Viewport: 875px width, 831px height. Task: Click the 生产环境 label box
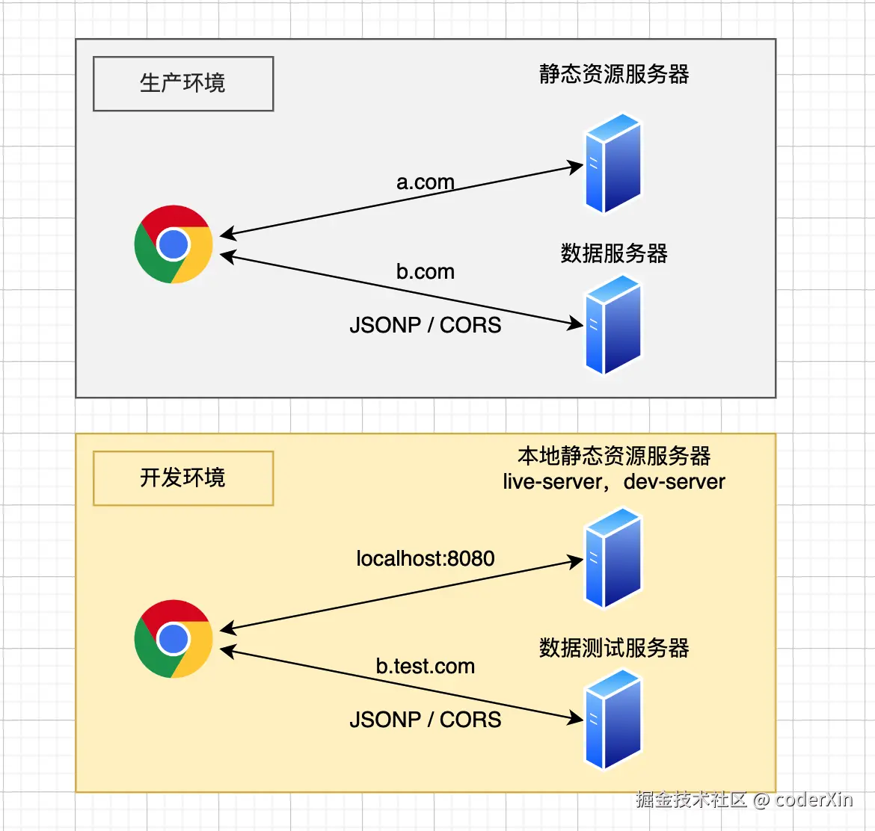pyautogui.click(x=183, y=84)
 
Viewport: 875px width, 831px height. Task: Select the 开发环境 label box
pyautogui.click(x=183, y=478)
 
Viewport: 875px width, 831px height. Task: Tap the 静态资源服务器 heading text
pyautogui.click(x=614, y=75)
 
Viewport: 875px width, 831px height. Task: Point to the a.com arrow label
pyautogui.click(x=425, y=182)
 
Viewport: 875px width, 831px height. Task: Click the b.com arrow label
pyautogui.click(x=425, y=272)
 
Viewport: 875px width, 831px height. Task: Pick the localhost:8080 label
pyautogui.click(x=425, y=559)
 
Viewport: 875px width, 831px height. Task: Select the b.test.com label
pyautogui.click(x=425, y=667)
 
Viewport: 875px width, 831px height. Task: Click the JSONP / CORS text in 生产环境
pyautogui.click(x=425, y=325)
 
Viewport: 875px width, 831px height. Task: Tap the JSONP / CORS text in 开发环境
pyautogui.click(x=425, y=720)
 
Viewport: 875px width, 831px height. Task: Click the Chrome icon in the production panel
pyautogui.click(x=174, y=244)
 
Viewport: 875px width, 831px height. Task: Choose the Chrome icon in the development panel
pyautogui.click(x=174, y=639)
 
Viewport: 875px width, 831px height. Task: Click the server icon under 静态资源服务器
pyautogui.click(x=613, y=163)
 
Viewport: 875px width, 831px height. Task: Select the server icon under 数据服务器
pyautogui.click(x=613, y=324)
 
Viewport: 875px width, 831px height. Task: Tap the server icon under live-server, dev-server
pyautogui.click(x=613, y=557)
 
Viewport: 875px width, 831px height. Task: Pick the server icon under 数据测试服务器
pyautogui.click(x=613, y=719)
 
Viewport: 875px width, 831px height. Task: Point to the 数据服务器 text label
pyautogui.click(x=614, y=254)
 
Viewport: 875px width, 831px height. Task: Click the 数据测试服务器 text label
pyautogui.click(x=614, y=648)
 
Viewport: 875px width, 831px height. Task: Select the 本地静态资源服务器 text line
pyautogui.click(x=614, y=456)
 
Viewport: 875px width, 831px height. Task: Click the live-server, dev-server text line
pyautogui.click(x=614, y=482)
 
